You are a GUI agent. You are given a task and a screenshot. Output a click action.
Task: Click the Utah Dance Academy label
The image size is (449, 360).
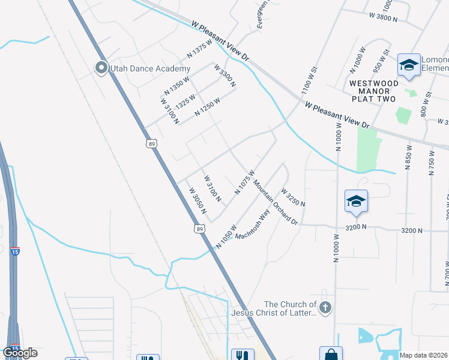(x=142, y=68)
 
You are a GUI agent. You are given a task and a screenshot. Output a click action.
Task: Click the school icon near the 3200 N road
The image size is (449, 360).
(x=356, y=202)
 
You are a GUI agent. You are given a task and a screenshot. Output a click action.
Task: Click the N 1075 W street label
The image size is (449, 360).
(x=245, y=182)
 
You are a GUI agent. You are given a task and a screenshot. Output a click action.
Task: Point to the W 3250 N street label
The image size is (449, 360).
(x=294, y=196)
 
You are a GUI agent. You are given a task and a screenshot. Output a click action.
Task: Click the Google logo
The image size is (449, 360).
(x=20, y=353)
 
